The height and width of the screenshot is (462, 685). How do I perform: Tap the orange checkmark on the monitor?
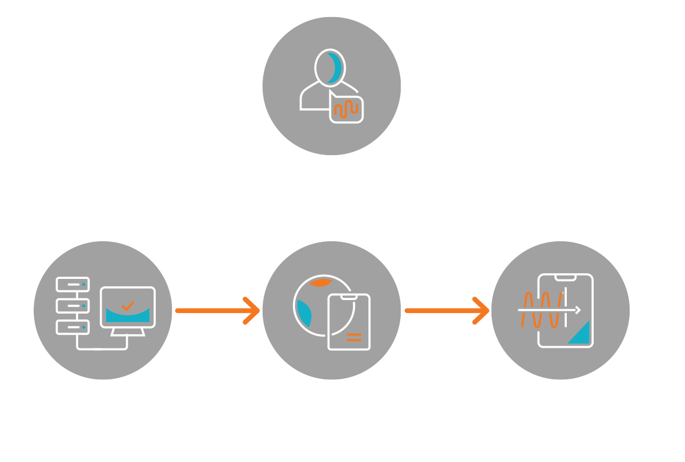click(x=128, y=306)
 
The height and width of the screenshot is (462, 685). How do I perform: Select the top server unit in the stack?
click(x=72, y=283)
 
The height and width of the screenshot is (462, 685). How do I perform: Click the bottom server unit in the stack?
click(x=72, y=327)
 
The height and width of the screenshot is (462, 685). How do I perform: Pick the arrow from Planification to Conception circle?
click(x=217, y=311)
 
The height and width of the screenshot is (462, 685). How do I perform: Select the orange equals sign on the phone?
click(x=354, y=336)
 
